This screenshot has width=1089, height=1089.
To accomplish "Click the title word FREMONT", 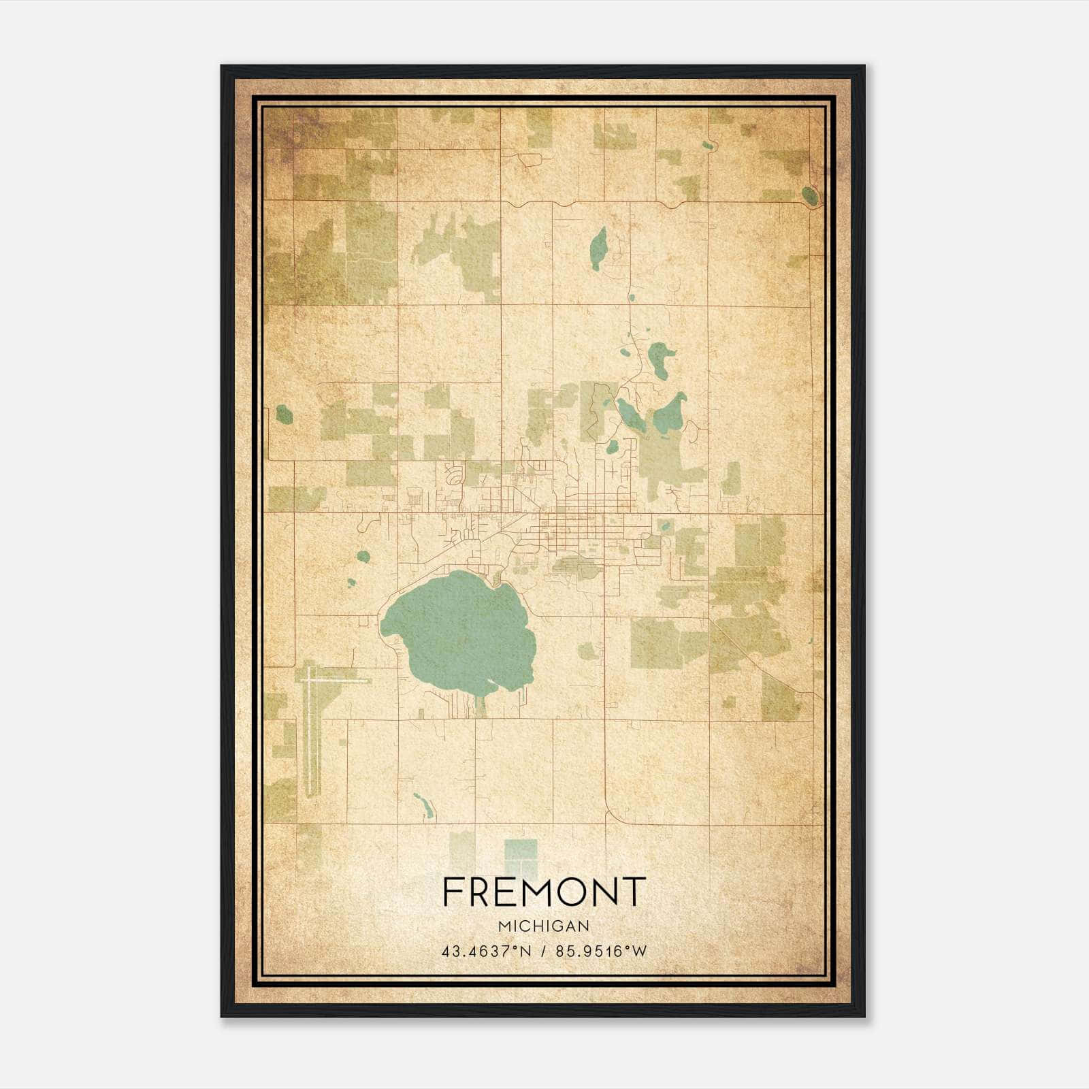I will tap(543, 892).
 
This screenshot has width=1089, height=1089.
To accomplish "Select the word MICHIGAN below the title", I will tap(544, 926).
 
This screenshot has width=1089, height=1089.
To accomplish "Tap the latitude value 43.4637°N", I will tap(486, 952).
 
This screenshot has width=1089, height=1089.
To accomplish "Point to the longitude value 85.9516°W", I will tap(601, 952).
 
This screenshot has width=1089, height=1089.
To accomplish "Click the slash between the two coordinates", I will tap(543, 952).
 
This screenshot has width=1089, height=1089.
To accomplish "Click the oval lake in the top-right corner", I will tap(809, 196).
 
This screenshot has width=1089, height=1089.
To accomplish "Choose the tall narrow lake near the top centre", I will tap(598, 248).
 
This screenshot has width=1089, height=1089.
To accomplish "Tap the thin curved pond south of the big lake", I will tap(424, 806).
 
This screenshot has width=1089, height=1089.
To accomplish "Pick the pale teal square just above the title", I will tap(521, 856).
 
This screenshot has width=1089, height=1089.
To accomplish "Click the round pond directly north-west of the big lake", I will tap(363, 556).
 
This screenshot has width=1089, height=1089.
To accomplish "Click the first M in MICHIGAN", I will tap(504, 926).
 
